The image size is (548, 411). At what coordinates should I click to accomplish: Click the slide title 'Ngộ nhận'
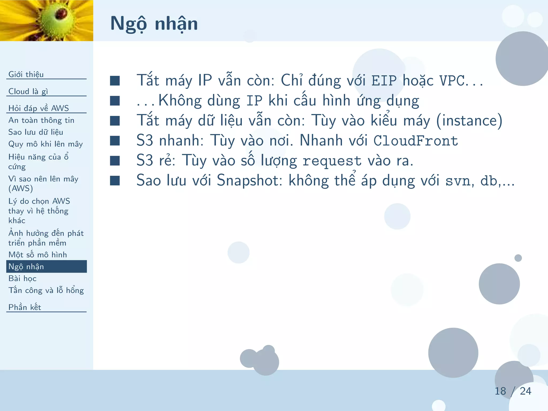154,24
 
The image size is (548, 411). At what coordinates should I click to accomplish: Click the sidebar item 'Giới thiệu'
26,74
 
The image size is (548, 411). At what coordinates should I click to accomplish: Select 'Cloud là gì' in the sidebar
28,91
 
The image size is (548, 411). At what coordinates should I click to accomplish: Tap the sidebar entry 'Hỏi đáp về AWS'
39,108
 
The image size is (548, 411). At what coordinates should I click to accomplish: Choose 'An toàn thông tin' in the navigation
41,120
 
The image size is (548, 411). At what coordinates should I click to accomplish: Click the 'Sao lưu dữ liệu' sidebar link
36,132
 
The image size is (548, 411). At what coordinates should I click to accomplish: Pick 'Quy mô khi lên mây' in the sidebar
45,144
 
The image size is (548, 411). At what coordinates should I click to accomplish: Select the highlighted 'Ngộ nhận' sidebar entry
26,267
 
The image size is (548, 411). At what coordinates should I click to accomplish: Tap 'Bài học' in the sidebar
22,278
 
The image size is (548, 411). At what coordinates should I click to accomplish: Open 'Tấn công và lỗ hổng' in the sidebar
46,290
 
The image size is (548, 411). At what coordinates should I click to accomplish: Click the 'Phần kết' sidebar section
25,307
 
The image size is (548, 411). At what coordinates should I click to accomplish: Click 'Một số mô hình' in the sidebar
37,254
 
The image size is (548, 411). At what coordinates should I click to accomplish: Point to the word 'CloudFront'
416,141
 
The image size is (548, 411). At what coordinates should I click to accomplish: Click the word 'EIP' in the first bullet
384,81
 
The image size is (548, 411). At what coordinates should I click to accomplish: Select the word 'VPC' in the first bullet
452,81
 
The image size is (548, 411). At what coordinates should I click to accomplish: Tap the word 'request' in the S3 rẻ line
332,161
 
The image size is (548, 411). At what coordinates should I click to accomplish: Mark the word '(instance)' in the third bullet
469,121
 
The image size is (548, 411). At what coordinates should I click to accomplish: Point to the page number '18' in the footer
500,391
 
